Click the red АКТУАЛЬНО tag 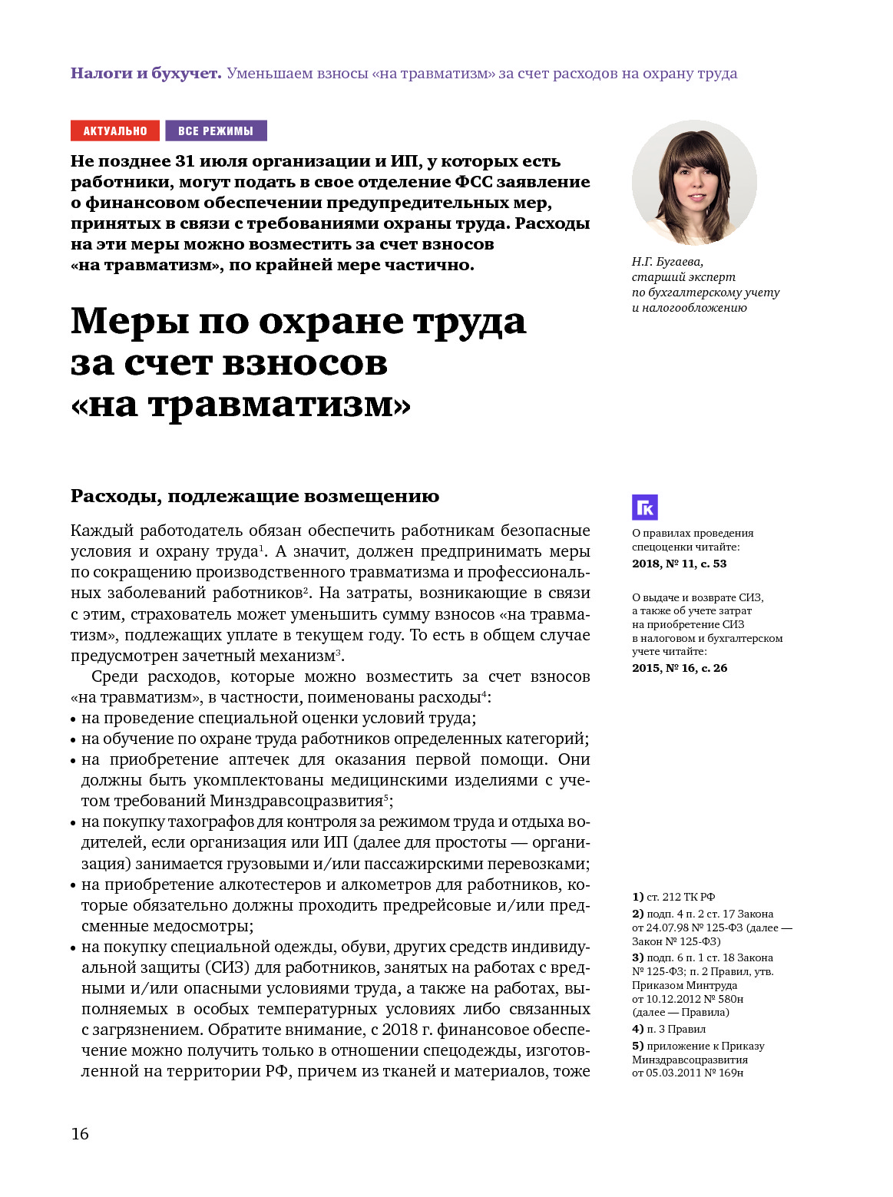tap(114, 131)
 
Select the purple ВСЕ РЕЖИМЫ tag tap(216, 131)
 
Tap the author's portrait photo tap(694, 183)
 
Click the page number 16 tap(80, 1134)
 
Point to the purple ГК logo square tap(645, 508)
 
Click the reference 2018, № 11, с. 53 tap(679, 564)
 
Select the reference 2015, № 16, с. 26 tap(680, 668)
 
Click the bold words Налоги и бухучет tap(146, 74)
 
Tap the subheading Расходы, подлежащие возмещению tap(255, 497)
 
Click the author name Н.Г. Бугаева tap(667, 262)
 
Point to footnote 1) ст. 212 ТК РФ tap(673, 897)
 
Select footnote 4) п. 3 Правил tap(669, 1029)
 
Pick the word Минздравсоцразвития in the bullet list tap(296, 801)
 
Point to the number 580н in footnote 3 tap(728, 999)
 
